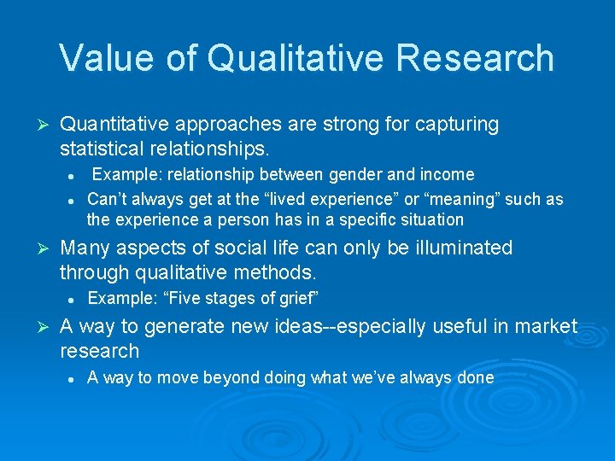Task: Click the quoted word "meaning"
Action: (x=443, y=199)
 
